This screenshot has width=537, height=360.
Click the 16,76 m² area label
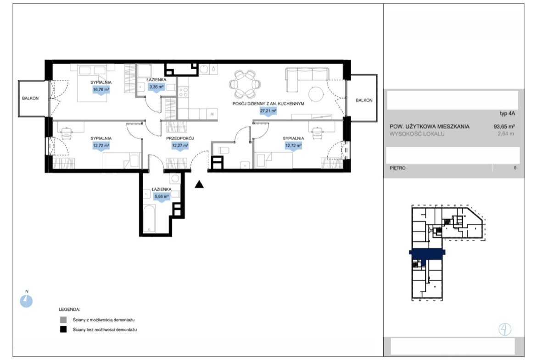pos(101,90)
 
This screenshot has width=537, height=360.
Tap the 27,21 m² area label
pos(268,111)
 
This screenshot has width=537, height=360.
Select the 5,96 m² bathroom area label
pos(162,197)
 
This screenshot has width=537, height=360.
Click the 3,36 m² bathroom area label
pos(156,87)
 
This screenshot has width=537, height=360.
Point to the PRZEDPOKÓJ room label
pos(180,138)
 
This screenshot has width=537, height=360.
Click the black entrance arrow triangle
pos(199,184)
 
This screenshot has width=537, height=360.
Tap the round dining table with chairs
pos(245,84)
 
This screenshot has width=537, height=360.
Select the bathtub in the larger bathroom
pos(149,218)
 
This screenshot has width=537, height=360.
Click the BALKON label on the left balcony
pos(30,98)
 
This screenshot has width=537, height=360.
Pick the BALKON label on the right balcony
pos(364,100)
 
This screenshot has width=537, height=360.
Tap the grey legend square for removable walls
pos(63,320)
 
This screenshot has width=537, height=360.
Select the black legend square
pos(63,330)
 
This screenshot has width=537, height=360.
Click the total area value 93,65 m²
pos(504,126)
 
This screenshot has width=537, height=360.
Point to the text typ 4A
pos(507,114)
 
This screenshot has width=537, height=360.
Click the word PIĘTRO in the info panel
pos(397,168)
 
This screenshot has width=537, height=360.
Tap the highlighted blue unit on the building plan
pos(427,254)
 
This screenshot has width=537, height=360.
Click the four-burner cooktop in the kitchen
pos(184,92)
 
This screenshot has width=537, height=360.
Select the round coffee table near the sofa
pos(316,94)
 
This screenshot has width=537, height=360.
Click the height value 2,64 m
pos(506,134)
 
